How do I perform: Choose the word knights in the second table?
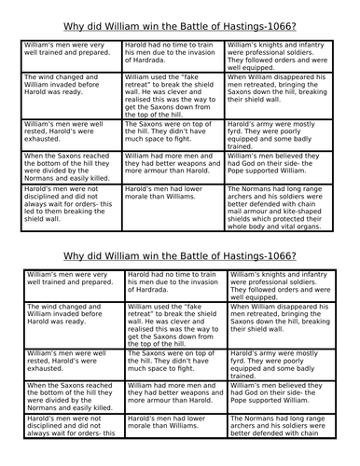coord(289,276)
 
